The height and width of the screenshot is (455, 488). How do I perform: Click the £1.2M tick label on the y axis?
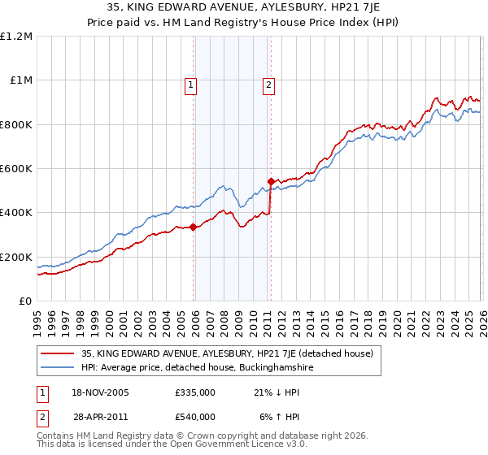17,37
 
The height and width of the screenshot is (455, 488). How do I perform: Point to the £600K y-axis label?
16,169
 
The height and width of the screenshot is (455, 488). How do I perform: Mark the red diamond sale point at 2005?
194,227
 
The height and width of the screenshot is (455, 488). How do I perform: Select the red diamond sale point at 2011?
271,181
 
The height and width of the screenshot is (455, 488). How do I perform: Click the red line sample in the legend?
59,353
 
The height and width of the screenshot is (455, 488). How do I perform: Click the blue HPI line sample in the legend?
59,368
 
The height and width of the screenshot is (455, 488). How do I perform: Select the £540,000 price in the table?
195,417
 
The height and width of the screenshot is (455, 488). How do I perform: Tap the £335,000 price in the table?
195,392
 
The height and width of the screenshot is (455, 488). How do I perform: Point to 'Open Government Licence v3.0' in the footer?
245,445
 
